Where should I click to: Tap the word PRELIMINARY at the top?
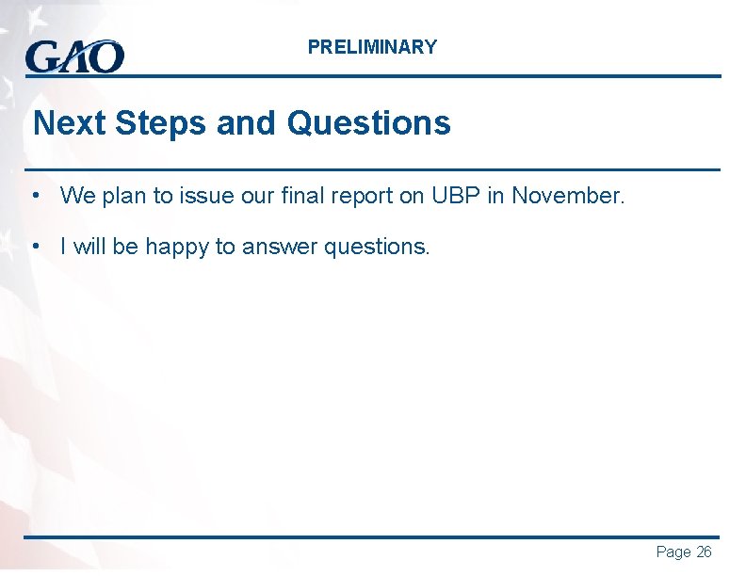[x=372, y=47]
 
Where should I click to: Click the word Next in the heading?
[x=62, y=123]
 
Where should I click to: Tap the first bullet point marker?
[x=34, y=196]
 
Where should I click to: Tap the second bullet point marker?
[x=34, y=247]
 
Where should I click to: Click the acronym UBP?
[x=456, y=196]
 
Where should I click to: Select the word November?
[x=567, y=196]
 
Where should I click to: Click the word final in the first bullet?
[x=327, y=196]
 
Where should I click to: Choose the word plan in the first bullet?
[x=124, y=196]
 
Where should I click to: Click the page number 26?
[x=704, y=552]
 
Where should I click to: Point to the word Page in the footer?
[x=673, y=552]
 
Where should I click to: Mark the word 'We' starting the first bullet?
[x=76, y=196]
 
